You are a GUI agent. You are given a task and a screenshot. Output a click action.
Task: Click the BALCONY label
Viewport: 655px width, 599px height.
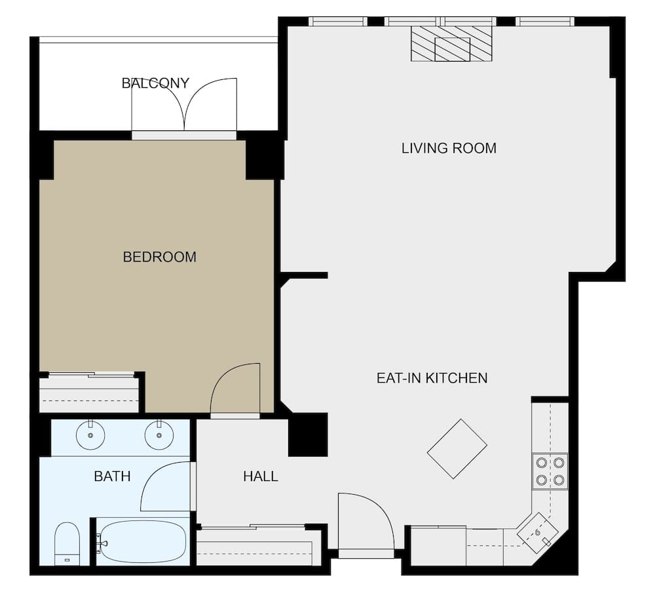(x=155, y=83)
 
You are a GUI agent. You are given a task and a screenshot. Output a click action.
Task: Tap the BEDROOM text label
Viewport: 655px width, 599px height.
(x=159, y=257)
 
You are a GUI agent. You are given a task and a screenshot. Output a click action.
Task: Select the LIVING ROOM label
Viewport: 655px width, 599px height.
(x=449, y=148)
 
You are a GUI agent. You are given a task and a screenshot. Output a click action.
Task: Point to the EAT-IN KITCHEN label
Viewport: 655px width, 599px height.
(x=432, y=378)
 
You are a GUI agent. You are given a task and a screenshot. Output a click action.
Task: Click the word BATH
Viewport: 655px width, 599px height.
(x=112, y=476)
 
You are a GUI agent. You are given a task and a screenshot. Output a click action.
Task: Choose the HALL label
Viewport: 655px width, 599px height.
(x=260, y=476)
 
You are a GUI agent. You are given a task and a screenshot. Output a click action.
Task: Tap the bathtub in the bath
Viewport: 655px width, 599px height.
(x=143, y=541)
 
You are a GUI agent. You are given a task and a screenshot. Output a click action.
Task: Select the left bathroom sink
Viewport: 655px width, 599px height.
(x=90, y=435)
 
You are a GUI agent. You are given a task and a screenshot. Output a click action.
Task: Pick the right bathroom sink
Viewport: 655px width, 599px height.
(x=159, y=435)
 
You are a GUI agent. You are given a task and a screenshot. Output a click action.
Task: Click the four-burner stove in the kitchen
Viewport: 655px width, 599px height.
(x=550, y=471)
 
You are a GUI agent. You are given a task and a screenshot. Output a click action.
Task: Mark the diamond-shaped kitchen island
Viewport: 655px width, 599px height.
(x=457, y=449)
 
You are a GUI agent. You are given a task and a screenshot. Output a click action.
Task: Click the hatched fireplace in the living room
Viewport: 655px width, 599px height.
(x=452, y=44)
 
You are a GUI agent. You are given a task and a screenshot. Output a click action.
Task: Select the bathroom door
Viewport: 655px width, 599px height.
(x=166, y=486)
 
